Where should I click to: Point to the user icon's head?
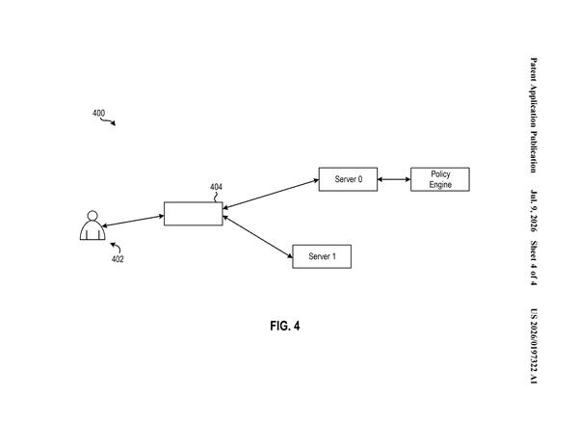92,216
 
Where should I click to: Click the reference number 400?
98,113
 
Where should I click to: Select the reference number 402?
118,259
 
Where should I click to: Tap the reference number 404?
216,187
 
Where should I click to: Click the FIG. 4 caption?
285,326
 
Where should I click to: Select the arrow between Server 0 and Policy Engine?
394,179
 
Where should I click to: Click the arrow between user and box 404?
133,221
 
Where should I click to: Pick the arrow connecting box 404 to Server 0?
271,195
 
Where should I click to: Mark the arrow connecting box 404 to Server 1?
257,237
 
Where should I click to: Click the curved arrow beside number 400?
108,121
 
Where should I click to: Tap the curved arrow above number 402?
116,247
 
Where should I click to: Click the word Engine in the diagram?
440,184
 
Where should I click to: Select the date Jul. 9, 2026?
534,211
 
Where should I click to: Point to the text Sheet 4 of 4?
534,263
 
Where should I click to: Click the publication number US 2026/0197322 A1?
534,346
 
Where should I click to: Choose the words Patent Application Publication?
534,115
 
